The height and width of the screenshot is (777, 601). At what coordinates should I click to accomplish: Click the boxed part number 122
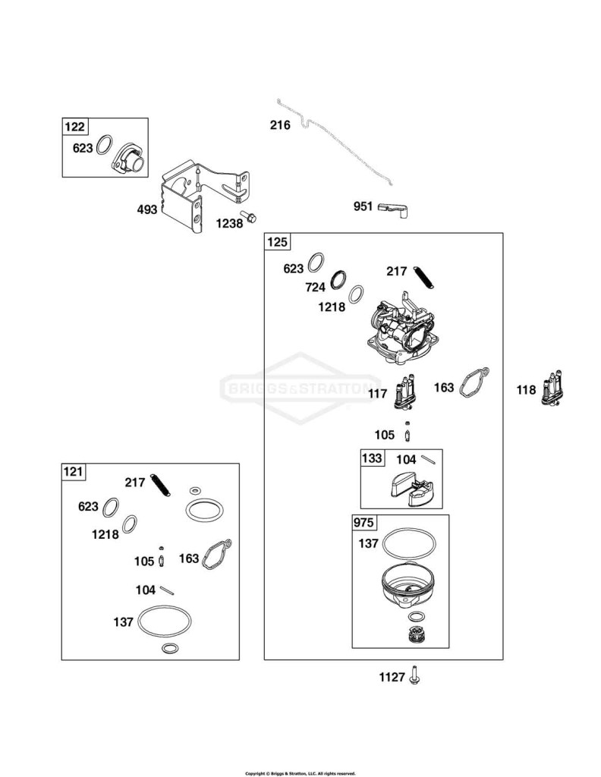(x=74, y=127)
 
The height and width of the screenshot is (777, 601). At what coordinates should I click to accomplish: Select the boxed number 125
(x=277, y=241)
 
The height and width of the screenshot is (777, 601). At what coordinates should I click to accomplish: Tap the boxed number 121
(x=74, y=471)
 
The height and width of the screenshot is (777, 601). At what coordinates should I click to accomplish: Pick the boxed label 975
(x=363, y=523)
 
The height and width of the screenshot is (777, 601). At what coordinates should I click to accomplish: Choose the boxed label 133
(x=372, y=458)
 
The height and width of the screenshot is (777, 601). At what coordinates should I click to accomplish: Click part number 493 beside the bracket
(x=147, y=209)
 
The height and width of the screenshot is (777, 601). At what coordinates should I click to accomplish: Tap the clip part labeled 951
(x=393, y=209)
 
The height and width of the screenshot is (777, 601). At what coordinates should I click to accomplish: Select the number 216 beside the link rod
(x=280, y=125)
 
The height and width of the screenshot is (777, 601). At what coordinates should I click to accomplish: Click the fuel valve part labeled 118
(x=551, y=388)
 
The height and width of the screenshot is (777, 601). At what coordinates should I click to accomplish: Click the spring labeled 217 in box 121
(x=161, y=485)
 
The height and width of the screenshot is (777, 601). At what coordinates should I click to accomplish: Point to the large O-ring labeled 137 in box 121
(x=164, y=621)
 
